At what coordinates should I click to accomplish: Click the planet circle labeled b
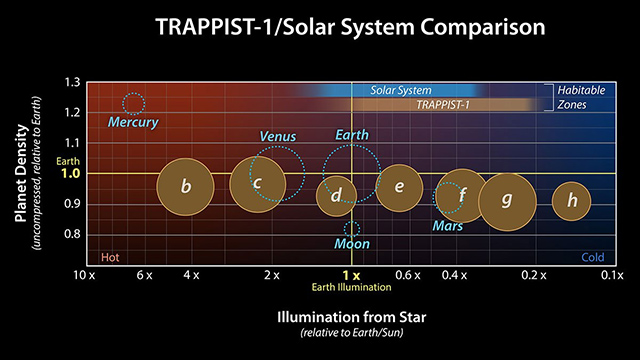[186, 186]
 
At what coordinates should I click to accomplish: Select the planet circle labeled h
[571, 200]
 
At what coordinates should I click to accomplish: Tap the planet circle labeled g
[507, 200]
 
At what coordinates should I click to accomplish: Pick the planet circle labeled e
[399, 187]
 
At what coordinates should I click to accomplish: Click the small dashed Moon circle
[351, 229]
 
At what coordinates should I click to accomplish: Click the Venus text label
[277, 136]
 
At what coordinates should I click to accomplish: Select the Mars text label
[448, 227]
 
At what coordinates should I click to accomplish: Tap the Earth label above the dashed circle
[351, 135]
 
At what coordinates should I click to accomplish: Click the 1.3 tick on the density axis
[73, 82]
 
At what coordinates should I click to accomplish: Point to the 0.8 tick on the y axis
[73, 234]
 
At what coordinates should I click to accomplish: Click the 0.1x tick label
[612, 274]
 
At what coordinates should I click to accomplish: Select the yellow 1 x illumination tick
[350, 274]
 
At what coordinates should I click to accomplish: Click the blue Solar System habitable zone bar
[400, 90]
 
